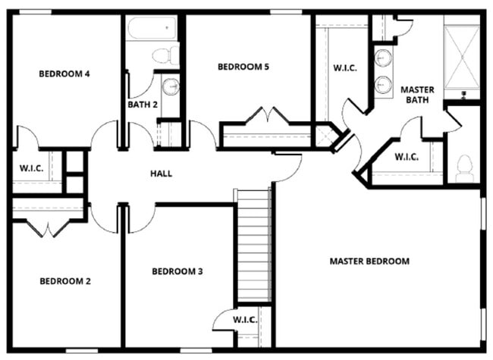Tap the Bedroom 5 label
coord(243,67)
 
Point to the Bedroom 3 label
coord(177,271)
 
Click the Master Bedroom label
coord(369,261)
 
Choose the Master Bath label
coord(416,95)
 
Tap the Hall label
coord(161,174)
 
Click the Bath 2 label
coord(143,105)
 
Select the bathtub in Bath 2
coord(152,30)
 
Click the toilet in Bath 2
coord(164,55)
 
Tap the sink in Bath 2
coord(171,86)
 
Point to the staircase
coord(253,245)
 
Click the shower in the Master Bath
coord(462,58)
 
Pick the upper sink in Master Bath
coord(384,58)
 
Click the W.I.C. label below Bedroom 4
coord(30,167)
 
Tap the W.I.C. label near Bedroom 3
coord(244,320)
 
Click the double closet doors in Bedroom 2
coord(47,227)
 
